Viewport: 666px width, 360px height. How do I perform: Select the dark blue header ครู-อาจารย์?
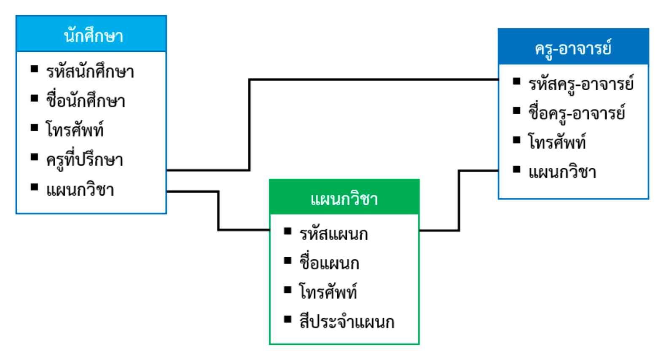point(573,47)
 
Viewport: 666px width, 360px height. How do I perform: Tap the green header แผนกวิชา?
point(344,198)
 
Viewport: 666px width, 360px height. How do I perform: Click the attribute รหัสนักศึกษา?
point(90,71)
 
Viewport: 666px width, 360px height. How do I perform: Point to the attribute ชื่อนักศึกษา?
point(86,101)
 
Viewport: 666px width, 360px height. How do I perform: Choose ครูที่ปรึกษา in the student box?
point(84,160)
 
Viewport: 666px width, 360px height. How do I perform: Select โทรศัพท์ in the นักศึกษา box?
point(75,130)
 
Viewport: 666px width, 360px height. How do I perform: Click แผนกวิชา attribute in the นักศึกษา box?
point(80,189)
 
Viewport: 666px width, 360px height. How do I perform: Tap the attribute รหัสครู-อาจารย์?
point(581,83)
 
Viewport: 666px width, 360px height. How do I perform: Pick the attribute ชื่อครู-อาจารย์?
point(577,113)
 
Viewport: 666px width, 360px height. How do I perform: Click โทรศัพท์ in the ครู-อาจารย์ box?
point(557,142)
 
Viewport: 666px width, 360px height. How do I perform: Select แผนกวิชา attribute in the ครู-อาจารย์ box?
point(562,172)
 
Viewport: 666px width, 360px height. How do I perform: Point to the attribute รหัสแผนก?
point(333,234)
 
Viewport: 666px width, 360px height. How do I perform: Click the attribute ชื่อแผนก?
point(329,263)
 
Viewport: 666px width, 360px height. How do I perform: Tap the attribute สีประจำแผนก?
point(346,322)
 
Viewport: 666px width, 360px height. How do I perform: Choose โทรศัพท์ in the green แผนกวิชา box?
point(328,292)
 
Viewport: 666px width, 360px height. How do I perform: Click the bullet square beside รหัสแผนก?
point(288,231)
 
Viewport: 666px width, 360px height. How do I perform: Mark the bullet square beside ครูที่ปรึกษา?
point(35,158)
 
